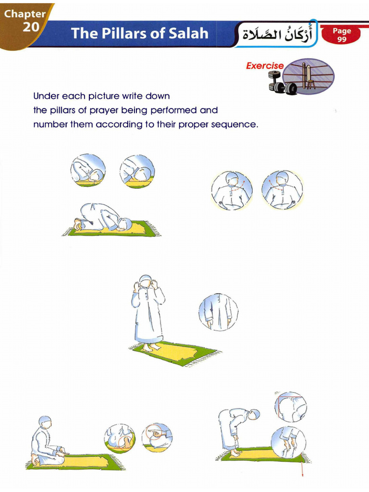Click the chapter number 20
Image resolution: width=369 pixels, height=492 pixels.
pos(30,27)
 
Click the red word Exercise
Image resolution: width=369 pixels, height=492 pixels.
pos(265,66)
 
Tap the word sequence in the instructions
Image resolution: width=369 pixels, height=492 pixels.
pos(236,124)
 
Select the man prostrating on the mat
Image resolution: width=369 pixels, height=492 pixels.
pos(103,218)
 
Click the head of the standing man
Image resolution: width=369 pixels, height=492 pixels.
pos(146,282)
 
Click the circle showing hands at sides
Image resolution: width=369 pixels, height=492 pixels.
pos(218,312)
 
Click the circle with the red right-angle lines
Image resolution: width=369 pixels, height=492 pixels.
pos(291,406)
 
